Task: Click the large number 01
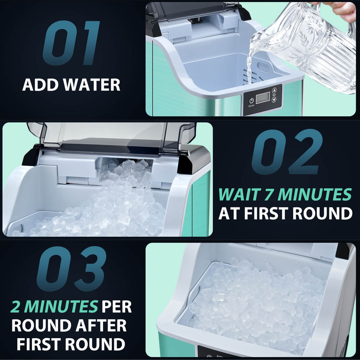point(71,43)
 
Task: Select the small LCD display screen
point(263,97)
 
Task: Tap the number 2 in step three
point(15,307)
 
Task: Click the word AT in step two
point(227,213)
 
